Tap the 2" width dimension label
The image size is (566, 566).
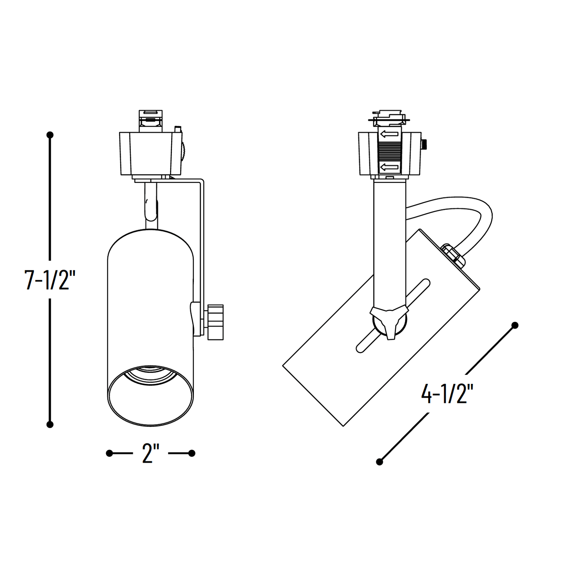tap(150, 454)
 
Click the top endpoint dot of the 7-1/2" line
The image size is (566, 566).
tap(50, 135)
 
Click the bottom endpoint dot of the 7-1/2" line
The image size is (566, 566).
tap(50, 424)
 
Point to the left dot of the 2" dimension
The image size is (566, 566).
tap(109, 453)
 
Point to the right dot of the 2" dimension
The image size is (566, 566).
tap(192, 453)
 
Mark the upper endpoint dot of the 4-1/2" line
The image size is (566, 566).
tap(515, 325)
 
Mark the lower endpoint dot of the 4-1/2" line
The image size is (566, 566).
tap(379, 462)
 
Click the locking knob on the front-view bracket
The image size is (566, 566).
tap(215, 322)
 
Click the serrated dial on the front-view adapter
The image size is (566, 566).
tap(184, 152)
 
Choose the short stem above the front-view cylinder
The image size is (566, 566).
tap(151, 206)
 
